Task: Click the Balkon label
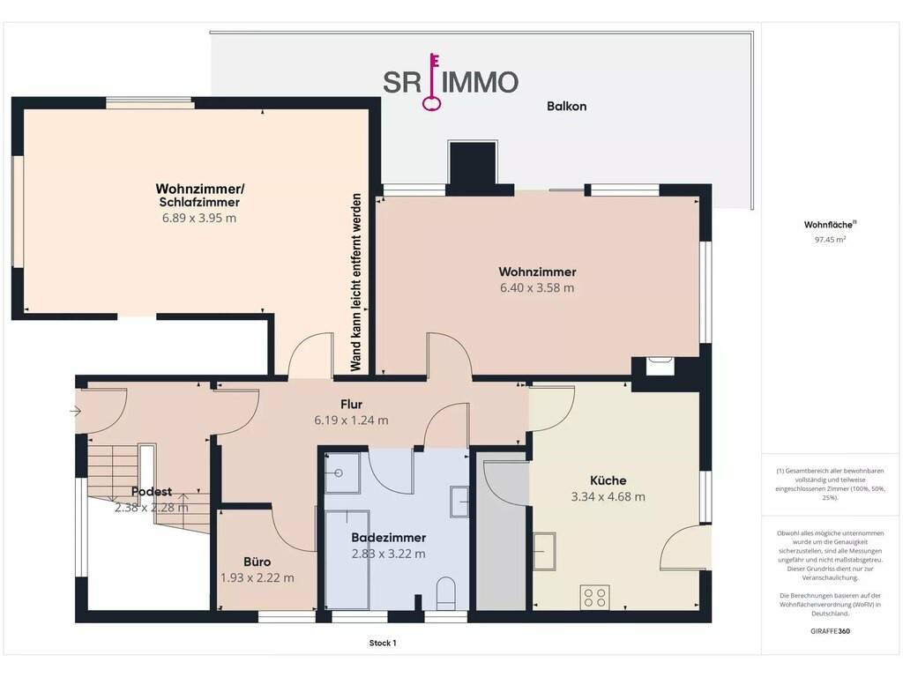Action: click(x=566, y=106)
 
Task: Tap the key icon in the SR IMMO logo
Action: click(x=432, y=81)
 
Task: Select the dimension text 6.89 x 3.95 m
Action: click(x=198, y=218)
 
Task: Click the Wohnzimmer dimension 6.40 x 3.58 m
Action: click(x=537, y=288)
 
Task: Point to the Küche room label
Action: click(x=608, y=480)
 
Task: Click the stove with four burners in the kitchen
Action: click(x=595, y=597)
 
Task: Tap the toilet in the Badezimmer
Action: click(x=445, y=593)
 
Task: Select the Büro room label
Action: click(x=257, y=562)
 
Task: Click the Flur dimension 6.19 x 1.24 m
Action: click(x=351, y=420)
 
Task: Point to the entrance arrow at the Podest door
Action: click(x=76, y=411)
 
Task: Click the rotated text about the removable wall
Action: click(x=355, y=283)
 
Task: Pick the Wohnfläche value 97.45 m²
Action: click(x=830, y=240)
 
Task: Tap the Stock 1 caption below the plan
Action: click(x=383, y=643)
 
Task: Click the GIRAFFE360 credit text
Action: click(x=830, y=631)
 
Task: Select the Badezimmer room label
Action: click(x=389, y=538)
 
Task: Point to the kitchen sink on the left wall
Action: click(x=544, y=551)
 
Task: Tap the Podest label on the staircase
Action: click(x=152, y=492)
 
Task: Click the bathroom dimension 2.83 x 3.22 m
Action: click(x=389, y=554)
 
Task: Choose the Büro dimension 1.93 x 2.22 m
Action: click(x=257, y=577)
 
